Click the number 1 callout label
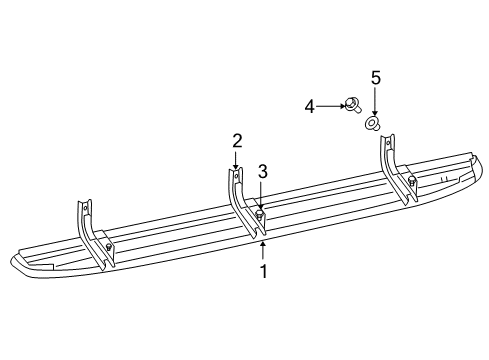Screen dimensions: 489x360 (x=263, y=271)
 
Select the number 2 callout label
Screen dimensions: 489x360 (x=237, y=140)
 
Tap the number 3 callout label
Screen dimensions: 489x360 (x=262, y=171)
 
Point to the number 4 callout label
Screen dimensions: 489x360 (x=310, y=104)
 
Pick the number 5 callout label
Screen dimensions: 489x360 (x=375, y=77)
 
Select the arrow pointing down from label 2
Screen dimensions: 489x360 (x=237, y=160)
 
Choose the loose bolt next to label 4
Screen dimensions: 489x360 (x=353, y=103)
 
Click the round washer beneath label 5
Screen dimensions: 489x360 (x=373, y=124)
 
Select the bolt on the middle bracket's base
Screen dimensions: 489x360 (x=260, y=214)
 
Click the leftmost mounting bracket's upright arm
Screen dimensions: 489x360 (x=85, y=219)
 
